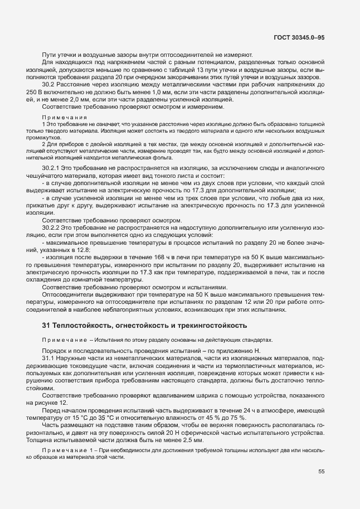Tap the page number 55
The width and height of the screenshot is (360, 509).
pyautogui.click(x=322, y=471)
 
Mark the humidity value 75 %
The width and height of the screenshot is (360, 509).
pyautogui.click(x=237, y=418)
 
